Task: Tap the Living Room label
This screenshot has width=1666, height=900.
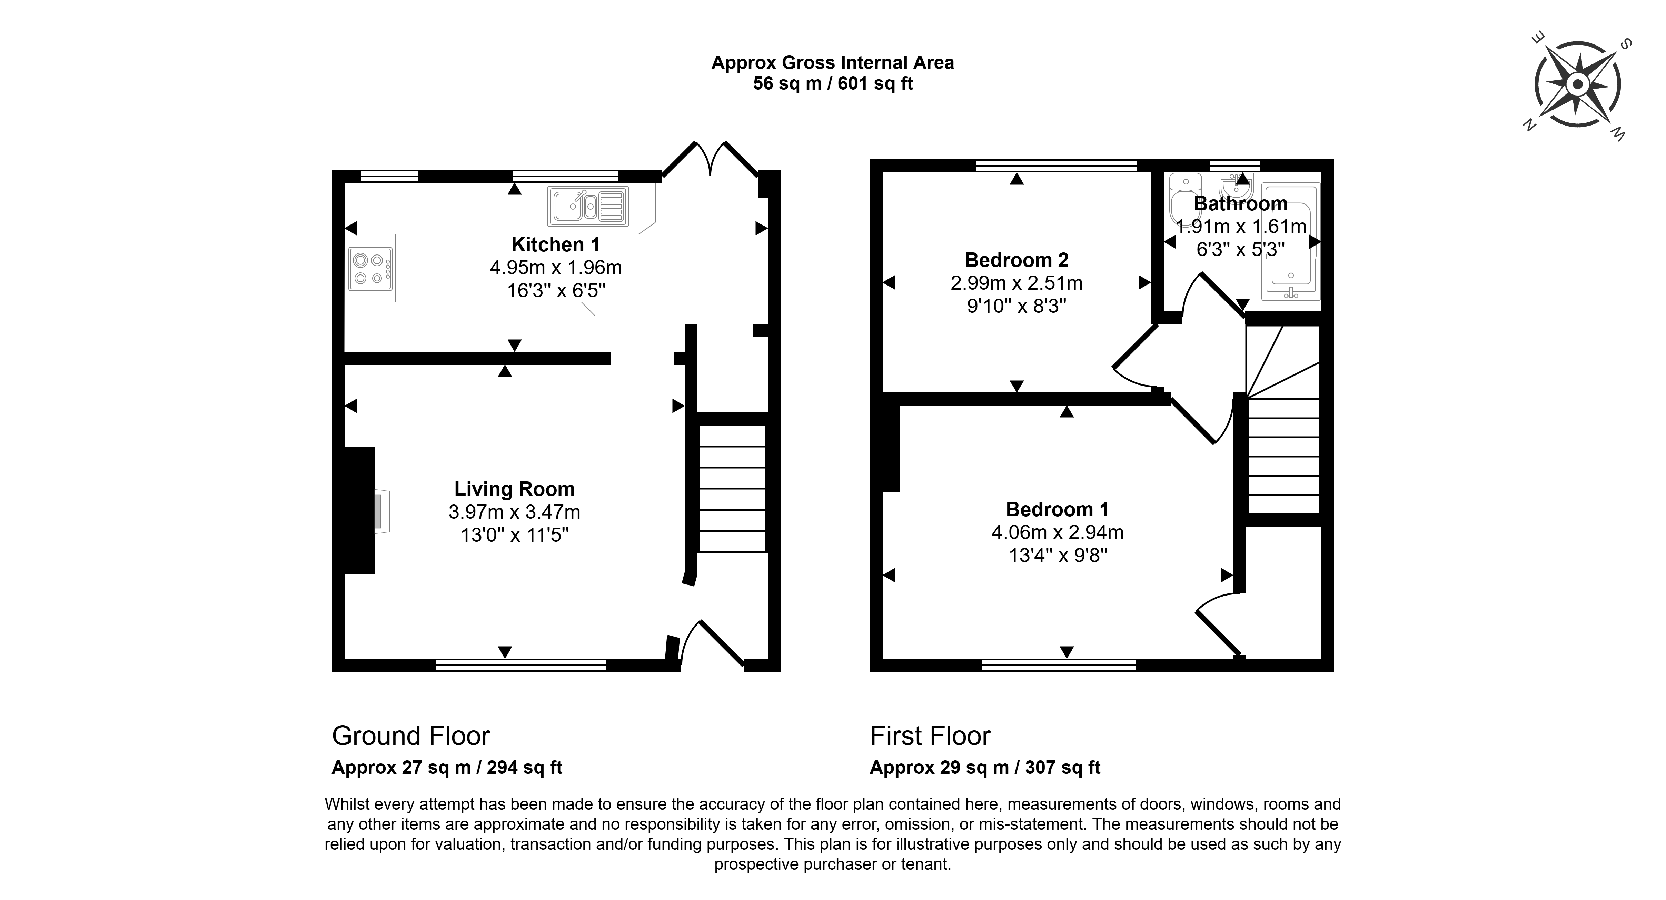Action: (x=514, y=489)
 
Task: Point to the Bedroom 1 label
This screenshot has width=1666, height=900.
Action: (x=1058, y=510)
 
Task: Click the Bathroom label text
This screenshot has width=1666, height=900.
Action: (x=1240, y=204)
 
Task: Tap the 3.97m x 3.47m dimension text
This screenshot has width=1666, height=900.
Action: (x=514, y=512)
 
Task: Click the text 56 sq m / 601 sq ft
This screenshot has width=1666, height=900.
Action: (x=833, y=83)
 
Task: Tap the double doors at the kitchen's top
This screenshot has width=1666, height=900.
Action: (x=710, y=158)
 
